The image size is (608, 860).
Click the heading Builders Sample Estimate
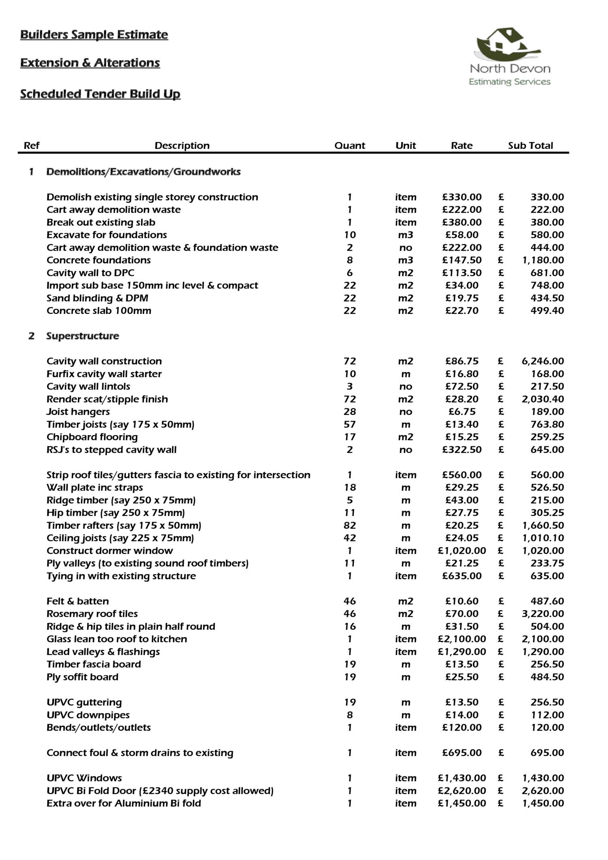click(x=94, y=35)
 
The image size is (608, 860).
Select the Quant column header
click(x=349, y=146)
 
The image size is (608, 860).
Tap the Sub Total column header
click(x=530, y=146)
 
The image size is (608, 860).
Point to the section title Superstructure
click(x=82, y=336)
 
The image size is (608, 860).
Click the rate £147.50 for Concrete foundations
click(x=462, y=260)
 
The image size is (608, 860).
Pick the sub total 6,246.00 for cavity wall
click(x=542, y=361)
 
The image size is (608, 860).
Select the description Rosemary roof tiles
click(x=92, y=613)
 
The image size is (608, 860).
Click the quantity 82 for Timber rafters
click(x=349, y=525)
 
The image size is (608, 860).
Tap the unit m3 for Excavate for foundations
click(x=405, y=235)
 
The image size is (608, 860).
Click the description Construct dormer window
click(x=109, y=550)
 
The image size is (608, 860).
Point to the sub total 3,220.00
click(x=542, y=613)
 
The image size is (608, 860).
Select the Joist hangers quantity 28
click(x=349, y=412)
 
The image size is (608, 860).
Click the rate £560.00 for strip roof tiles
click(x=462, y=474)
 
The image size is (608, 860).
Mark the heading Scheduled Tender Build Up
click(x=100, y=94)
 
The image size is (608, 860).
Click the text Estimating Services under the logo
click(x=510, y=82)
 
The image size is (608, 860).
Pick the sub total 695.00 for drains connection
click(x=547, y=753)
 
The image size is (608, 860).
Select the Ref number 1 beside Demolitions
click(x=31, y=172)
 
